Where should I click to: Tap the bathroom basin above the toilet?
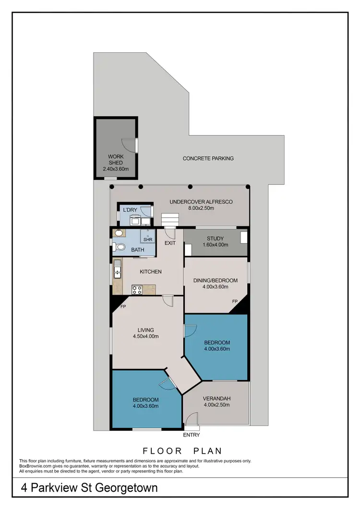118,234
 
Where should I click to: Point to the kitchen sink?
117,273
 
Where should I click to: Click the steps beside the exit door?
170,219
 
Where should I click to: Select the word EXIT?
170,243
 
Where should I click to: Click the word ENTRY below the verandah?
192,435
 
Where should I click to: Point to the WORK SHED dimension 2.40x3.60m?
116,169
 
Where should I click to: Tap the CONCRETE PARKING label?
208,158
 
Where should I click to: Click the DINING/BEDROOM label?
215,280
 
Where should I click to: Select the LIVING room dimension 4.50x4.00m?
145,336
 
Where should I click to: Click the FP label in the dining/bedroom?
235,301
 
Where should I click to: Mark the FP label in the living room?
123,307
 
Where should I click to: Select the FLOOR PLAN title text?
182,451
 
